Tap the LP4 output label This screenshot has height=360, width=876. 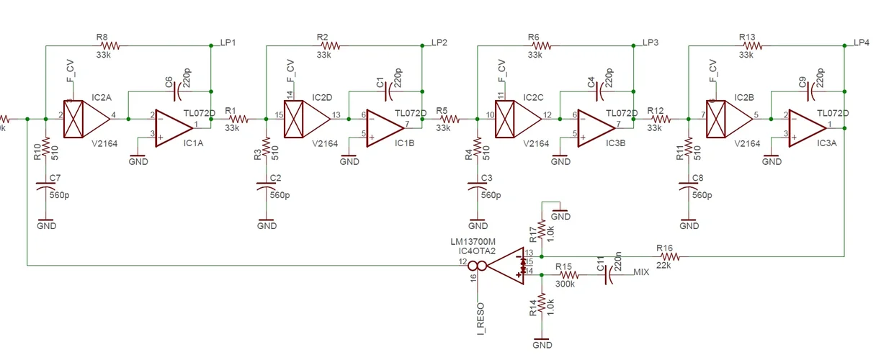861,42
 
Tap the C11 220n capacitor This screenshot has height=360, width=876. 611,274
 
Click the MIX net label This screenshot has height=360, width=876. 641,273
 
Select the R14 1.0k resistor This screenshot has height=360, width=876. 541,306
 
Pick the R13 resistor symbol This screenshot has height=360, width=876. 750,45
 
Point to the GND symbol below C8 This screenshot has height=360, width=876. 689,223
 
